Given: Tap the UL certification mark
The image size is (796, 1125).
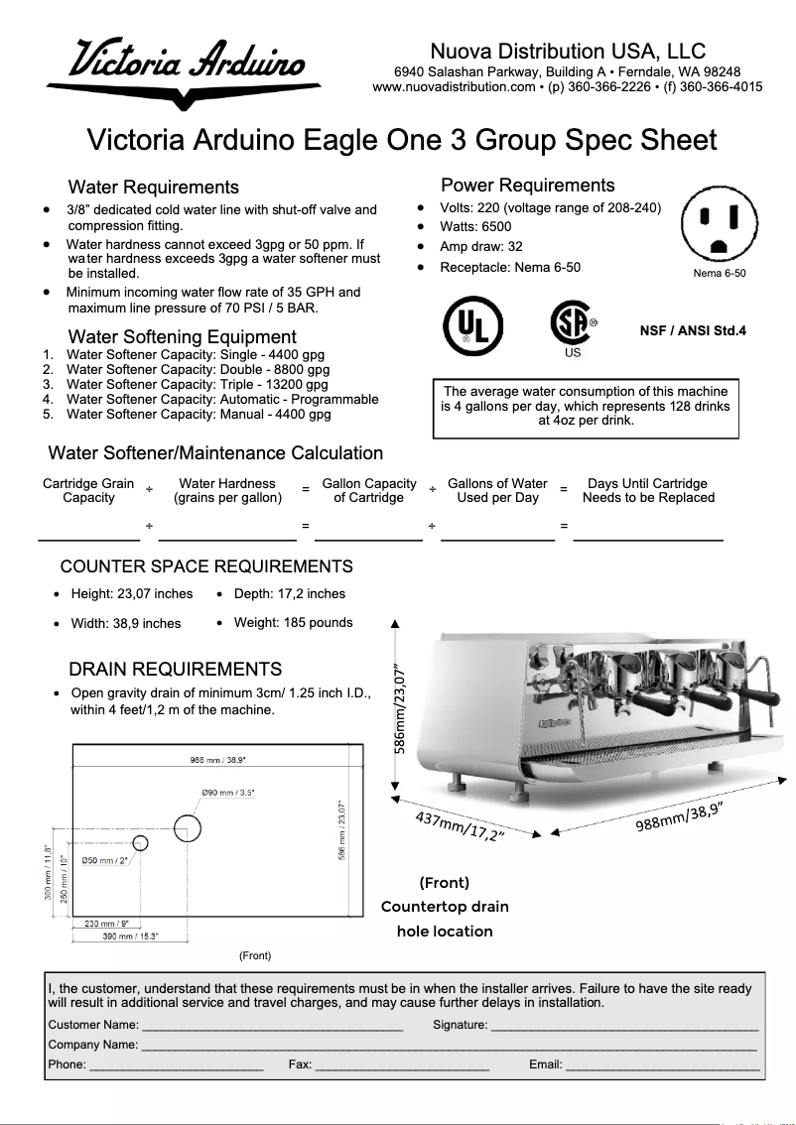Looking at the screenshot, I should click(472, 325).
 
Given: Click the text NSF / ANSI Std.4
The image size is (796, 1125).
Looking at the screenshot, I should click(692, 331).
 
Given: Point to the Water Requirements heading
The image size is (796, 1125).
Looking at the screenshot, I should click(153, 187).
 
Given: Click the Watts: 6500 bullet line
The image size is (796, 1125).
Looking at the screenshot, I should click(475, 227).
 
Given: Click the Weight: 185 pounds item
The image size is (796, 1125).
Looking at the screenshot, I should click(293, 623).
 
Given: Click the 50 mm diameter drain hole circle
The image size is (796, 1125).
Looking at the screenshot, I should click(140, 842).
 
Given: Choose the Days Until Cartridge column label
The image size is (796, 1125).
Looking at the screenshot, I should click(647, 491).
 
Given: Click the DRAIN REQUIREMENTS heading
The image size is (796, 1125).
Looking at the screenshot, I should click(175, 670).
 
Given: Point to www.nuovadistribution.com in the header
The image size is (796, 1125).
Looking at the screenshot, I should click(454, 87).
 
